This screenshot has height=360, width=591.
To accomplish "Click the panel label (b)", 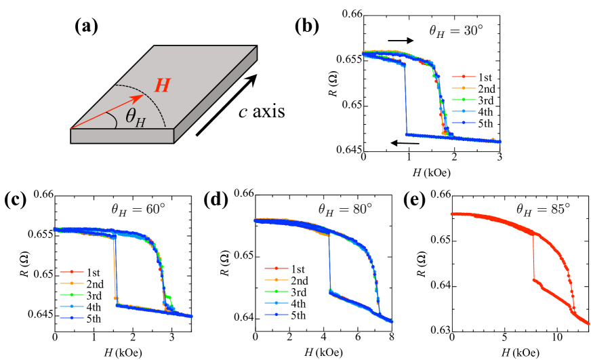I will (306, 26).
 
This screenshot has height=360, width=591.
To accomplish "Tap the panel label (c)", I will (16, 200).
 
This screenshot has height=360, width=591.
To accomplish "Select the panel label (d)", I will (216, 200).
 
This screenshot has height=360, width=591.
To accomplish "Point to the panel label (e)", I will (414, 200).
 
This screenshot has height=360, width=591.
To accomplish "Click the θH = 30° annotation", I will (455, 31).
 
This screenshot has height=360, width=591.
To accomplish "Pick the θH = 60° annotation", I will (138, 209).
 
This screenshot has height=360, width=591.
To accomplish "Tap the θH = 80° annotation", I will (345, 209).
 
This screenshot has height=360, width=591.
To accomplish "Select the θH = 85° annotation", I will (543, 209).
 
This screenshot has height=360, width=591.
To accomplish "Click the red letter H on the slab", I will (163, 86).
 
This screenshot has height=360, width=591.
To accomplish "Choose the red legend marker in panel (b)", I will (464, 77).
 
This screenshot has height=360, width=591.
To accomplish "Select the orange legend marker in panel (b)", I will (464, 88).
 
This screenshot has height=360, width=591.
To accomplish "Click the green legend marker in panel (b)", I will (464, 100).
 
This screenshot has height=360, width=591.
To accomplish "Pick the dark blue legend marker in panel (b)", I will (464, 123).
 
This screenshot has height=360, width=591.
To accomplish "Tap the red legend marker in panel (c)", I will (72, 271).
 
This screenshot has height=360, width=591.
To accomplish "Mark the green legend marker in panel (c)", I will (72, 294).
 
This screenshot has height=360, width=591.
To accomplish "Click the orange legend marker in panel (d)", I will (277, 279).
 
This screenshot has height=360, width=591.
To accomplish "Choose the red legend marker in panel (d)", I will (277, 268).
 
